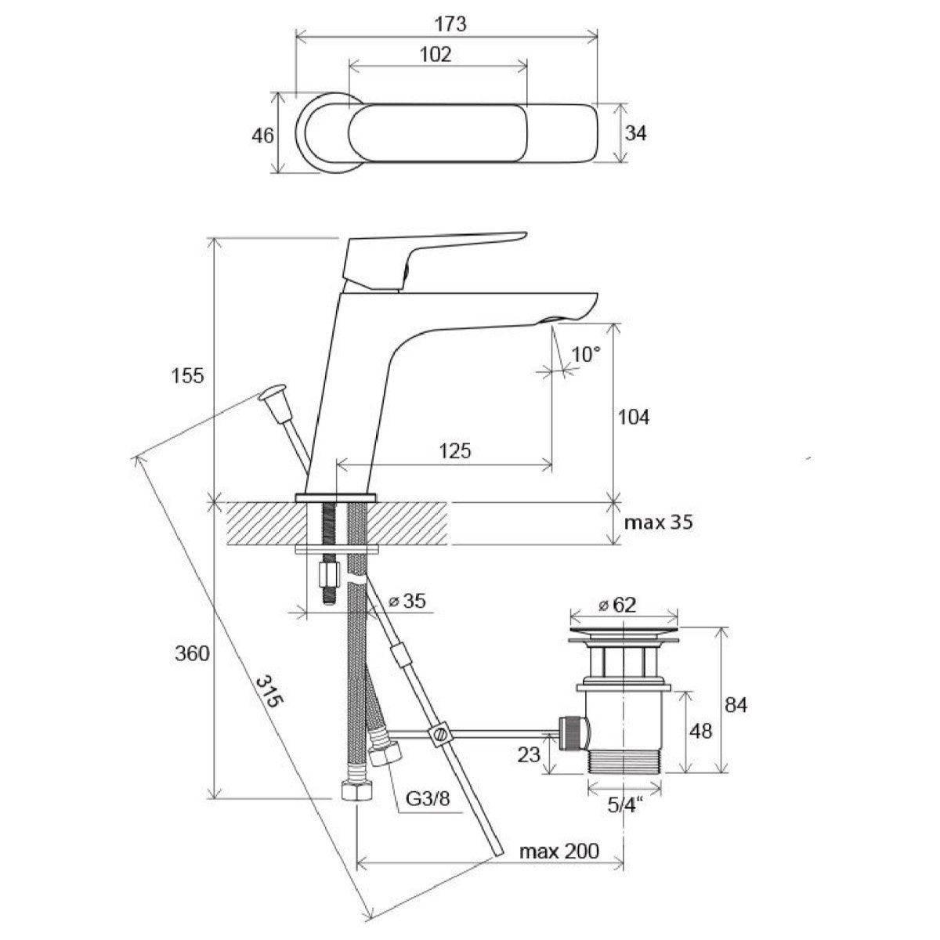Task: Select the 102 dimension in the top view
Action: coord(436,54)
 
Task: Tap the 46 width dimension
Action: coord(263,136)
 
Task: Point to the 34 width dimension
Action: coord(635,134)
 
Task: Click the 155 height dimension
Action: coord(187,375)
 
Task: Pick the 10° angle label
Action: coord(585,354)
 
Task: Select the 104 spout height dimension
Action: coord(633,417)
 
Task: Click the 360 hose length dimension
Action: coord(192,653)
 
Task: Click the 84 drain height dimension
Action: coord(736,705)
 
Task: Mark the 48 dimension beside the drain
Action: coord(702,730)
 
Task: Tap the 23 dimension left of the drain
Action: coord(530,754)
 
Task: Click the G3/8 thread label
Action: coord(427,800)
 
